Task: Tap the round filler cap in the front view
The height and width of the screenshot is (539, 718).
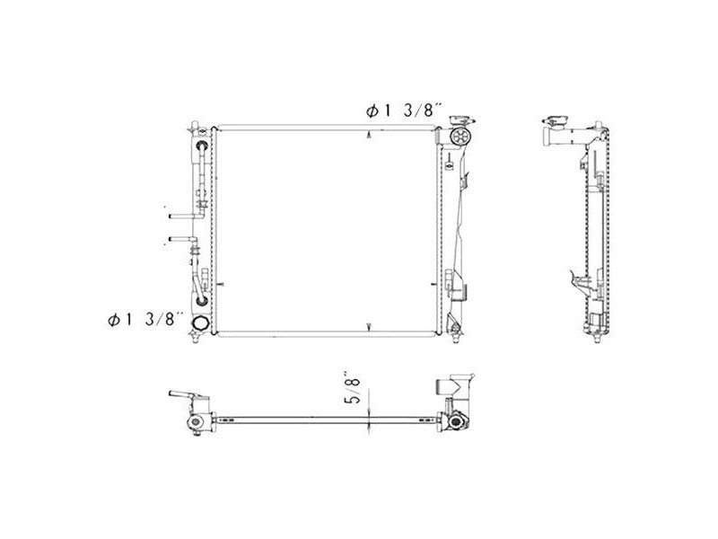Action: click(x=460, y=137)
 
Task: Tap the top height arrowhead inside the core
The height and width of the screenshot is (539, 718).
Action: click(x=371, y=136)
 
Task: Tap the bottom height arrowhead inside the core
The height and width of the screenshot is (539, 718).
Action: click(x=371, y=325)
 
